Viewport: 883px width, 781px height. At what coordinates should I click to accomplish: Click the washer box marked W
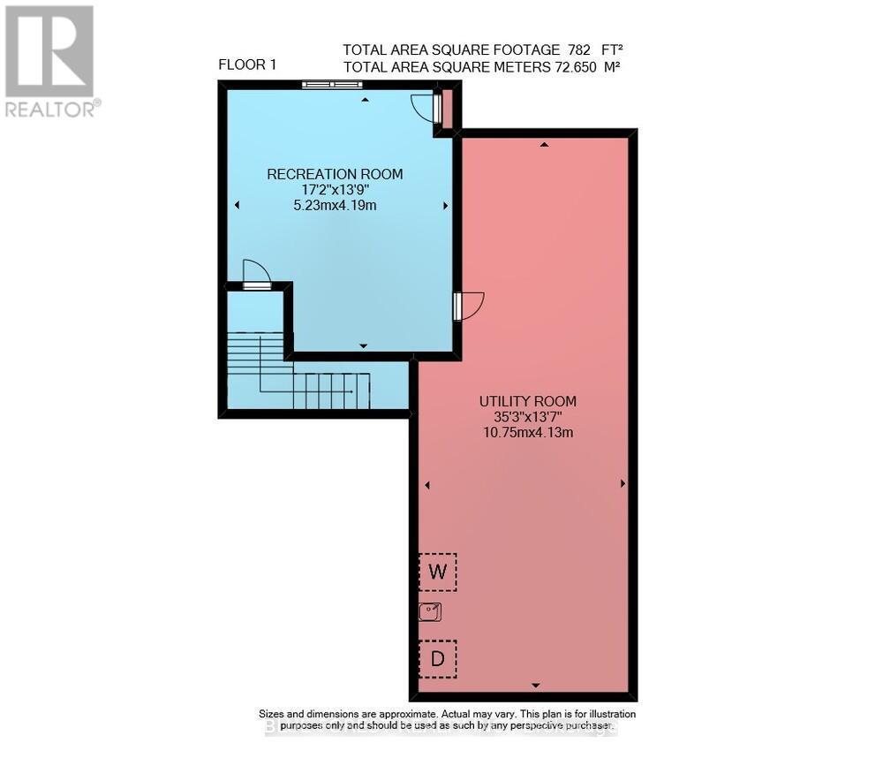[x=437, y=572]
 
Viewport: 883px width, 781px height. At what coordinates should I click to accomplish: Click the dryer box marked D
[x=437, y=658]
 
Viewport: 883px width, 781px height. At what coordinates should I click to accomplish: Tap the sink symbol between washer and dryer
[x=430, y=611]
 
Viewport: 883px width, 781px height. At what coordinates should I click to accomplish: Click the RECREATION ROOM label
[x=335, y=174]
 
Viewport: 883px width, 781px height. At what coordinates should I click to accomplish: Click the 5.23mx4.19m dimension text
[x=335, y=205]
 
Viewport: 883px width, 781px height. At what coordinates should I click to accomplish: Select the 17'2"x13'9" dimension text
[x=335, y=190]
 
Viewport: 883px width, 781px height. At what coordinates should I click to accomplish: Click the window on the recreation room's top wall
[x=332, y=85]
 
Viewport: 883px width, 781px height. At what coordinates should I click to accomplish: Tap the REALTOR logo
[x=50, y=60]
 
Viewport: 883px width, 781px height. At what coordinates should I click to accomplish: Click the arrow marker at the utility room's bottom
[x=535, y=686]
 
